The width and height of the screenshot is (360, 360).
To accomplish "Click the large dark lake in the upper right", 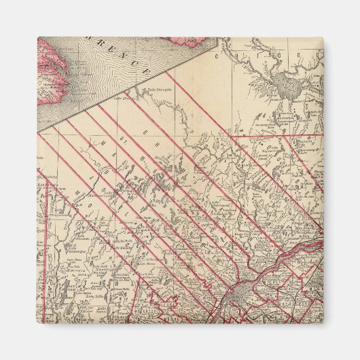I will (283, 85).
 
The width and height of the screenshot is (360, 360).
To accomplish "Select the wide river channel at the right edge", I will (309, 241).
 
